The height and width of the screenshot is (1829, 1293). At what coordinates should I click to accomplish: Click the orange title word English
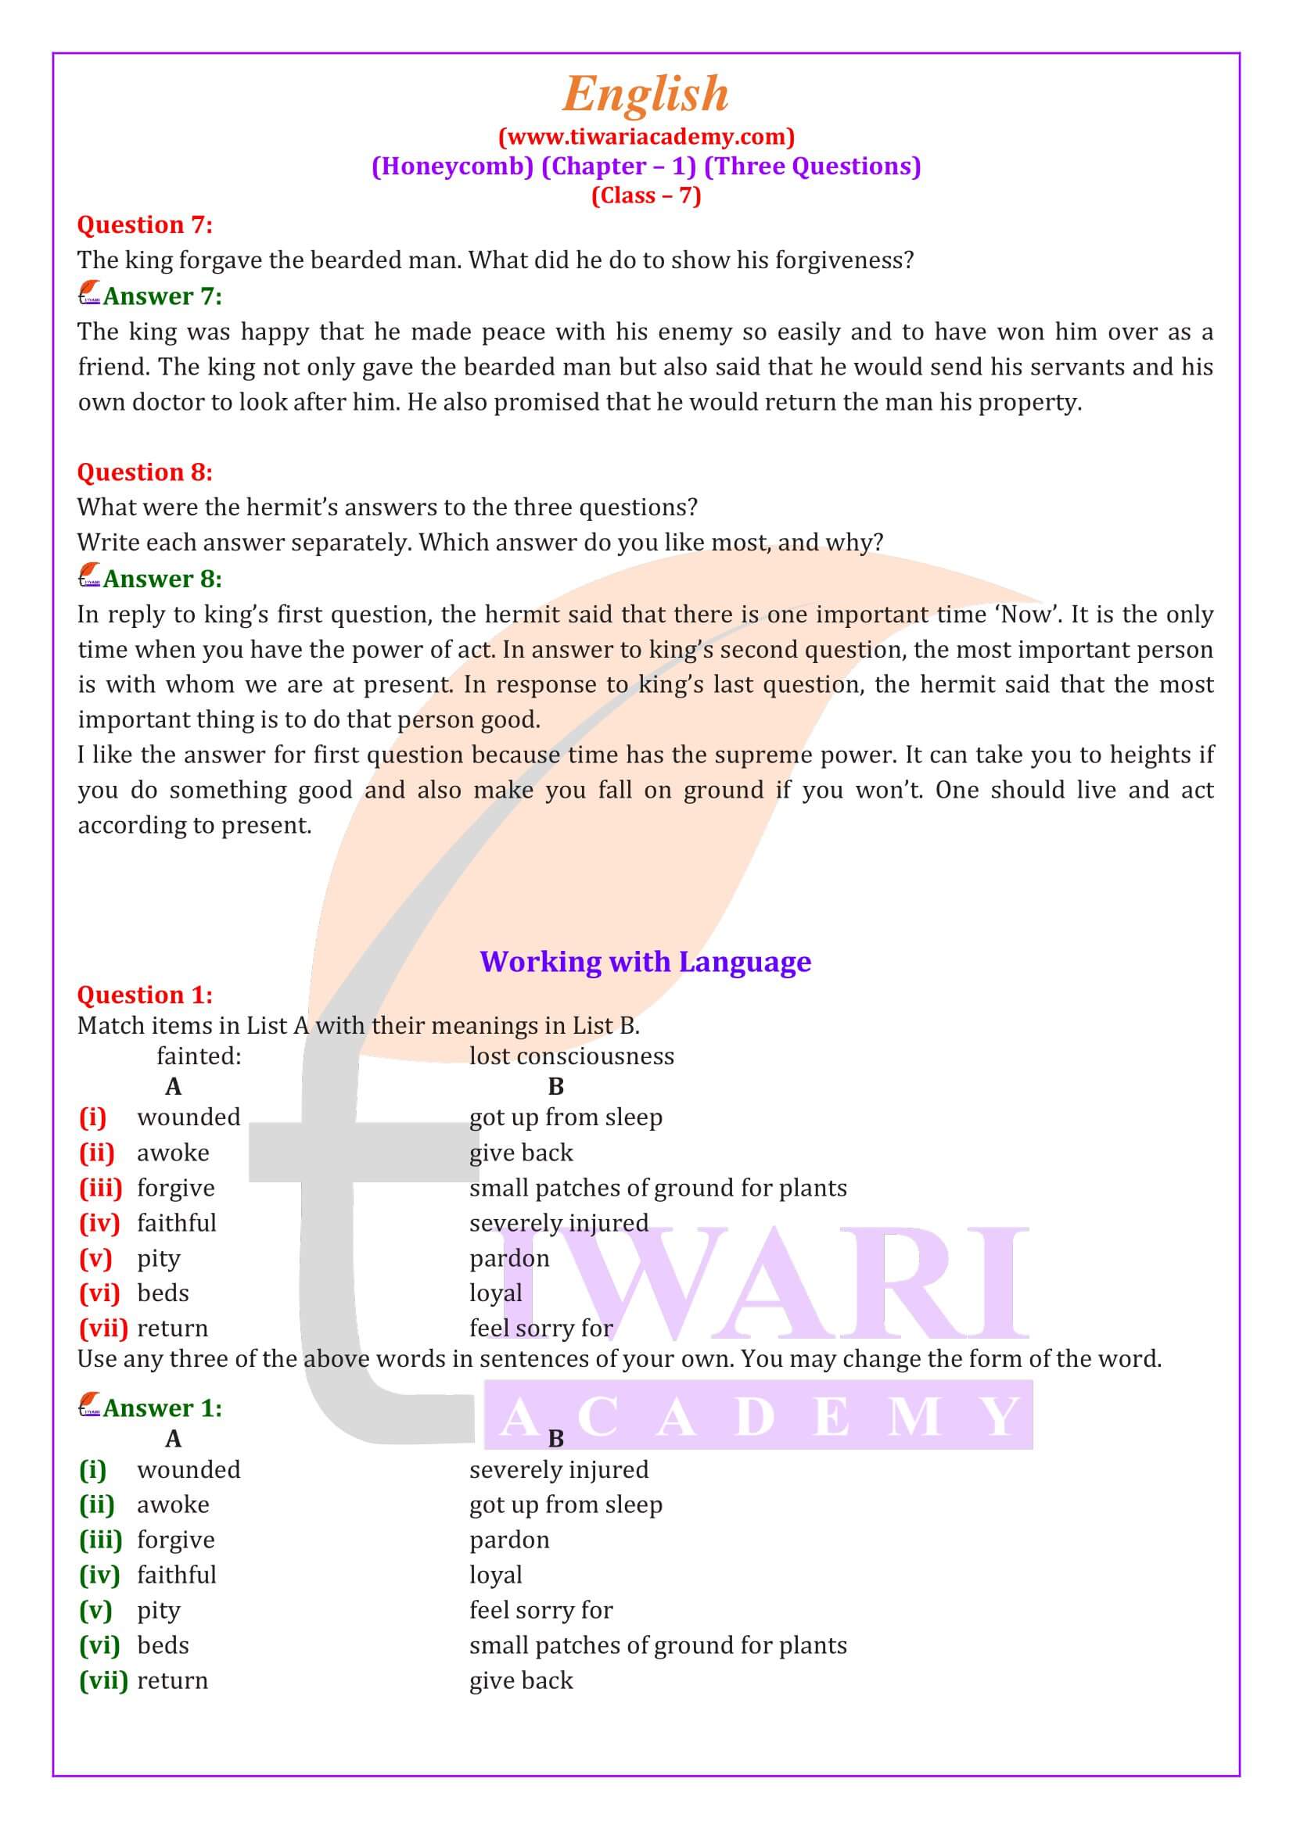click(645, 94)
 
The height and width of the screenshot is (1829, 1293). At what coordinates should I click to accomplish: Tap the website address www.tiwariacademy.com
click(646, 136)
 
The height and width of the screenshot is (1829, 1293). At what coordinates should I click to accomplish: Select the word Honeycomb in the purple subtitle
click(452, 166)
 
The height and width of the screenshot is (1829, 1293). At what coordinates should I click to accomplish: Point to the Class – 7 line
click(646, 195)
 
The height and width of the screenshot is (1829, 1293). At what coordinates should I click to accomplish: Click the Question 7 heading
click(145, 224)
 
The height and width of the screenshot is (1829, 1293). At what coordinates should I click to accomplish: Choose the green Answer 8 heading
click(163, 579)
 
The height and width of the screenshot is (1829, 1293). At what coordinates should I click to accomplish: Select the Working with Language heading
click(645, 962)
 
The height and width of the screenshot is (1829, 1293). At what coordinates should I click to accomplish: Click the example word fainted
click(199, 1056)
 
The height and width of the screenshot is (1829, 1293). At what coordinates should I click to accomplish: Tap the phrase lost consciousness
click(571, 1056)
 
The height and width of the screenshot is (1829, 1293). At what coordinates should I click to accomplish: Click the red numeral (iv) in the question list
click(99, 1223)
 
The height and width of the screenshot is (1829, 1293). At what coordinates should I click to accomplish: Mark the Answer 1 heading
click(163, 1408)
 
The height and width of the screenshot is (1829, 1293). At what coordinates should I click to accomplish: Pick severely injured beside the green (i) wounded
click(559, 1470)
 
